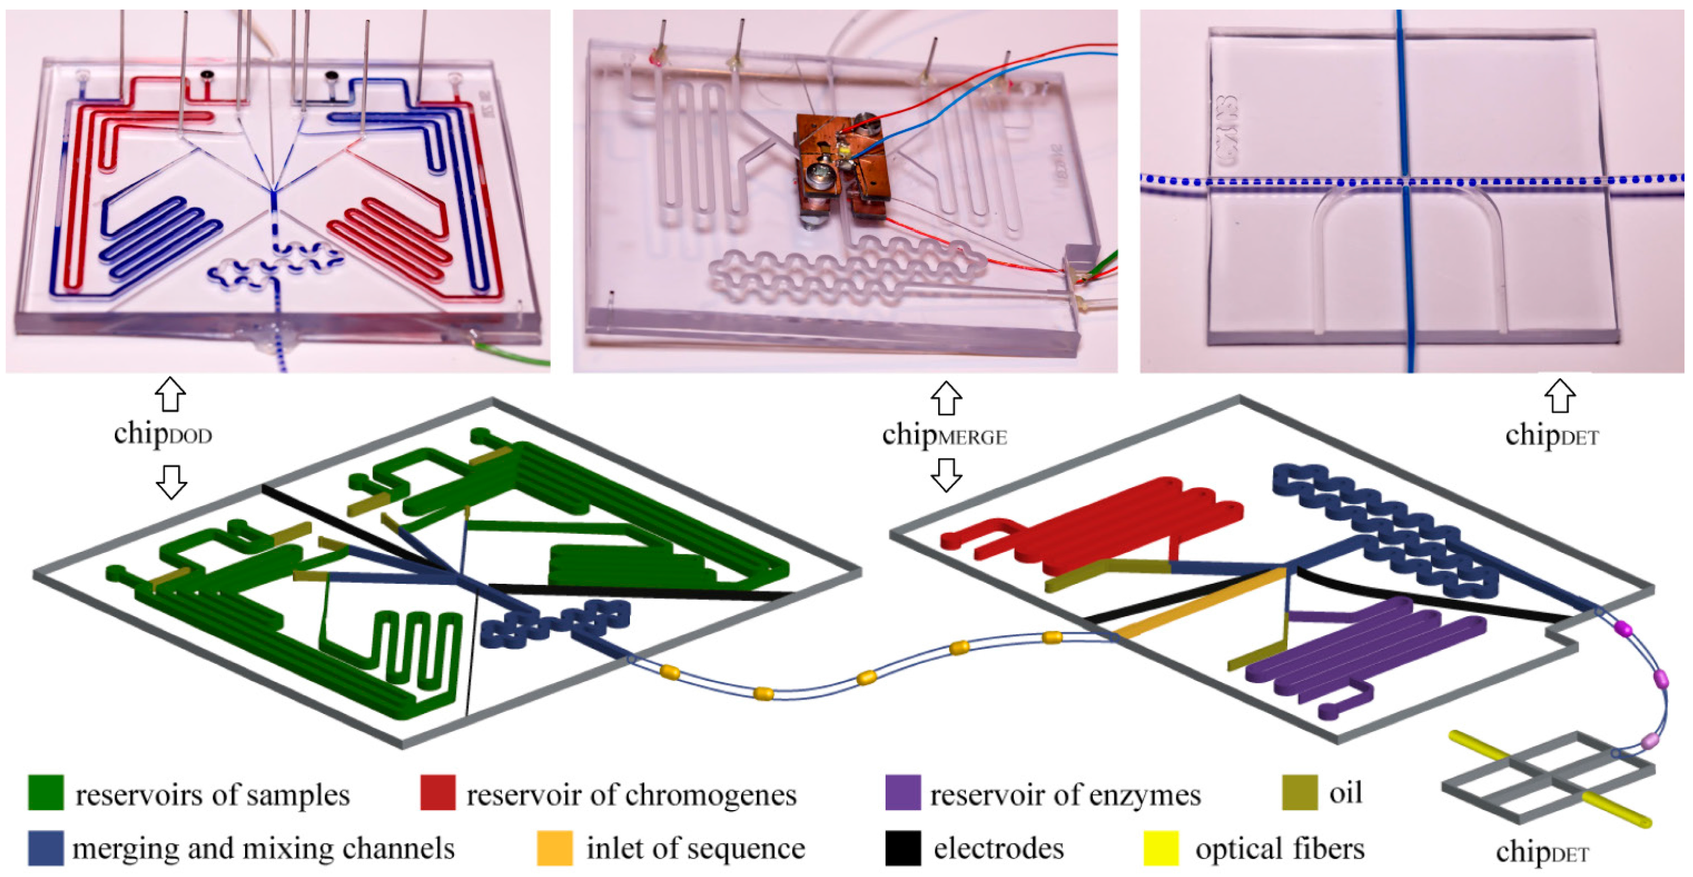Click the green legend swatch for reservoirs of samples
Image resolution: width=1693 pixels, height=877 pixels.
(x=46, y=793)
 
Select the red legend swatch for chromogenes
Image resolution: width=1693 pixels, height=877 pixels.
(x=437, y=793)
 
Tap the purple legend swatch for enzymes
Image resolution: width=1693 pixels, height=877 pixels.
(x=903, y=793)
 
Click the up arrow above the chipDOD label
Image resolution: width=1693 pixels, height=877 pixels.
(x=170, y=394)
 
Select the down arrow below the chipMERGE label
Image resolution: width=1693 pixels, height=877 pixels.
(x=946, y=474)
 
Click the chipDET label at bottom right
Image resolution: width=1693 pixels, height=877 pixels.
(x=1542, y=852)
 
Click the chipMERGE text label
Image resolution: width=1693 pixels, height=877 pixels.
(x=945, y=435)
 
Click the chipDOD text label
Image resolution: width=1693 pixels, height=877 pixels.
(x=163, y=433)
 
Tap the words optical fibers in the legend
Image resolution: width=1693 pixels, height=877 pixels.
(x=1279, y=849)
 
